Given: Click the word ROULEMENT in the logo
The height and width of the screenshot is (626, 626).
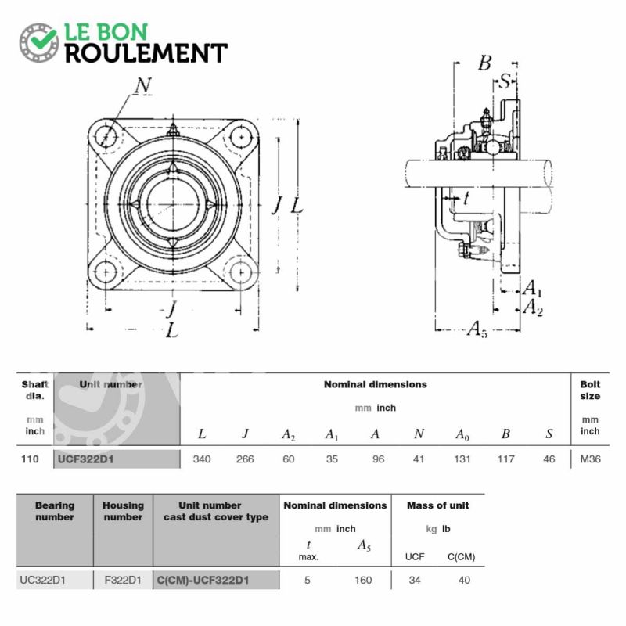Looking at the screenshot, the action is pos(146,53).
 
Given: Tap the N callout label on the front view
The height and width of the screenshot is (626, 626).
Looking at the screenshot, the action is pos(143,85).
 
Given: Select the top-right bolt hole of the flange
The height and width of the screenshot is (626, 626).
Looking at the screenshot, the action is pos(242,137).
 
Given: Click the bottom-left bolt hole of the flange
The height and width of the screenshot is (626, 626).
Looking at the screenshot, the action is pos(106,272).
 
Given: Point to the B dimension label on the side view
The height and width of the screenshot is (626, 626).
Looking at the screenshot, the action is pos(484,63).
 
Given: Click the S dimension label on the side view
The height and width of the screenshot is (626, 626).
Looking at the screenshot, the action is pos(505,81).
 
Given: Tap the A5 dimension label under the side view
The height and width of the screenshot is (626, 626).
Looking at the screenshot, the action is pos(477,329).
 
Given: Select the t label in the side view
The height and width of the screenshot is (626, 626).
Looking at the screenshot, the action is pos(466,198).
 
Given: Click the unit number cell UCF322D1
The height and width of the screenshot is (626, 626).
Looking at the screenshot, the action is pos(86,459).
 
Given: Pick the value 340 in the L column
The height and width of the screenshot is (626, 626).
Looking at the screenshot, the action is pos(202,459).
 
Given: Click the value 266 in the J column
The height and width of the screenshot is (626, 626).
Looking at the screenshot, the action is pos(245,459).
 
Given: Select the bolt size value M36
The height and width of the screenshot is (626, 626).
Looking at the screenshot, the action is pos(590,459).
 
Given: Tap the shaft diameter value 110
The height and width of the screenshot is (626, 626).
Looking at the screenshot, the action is pos(30,459).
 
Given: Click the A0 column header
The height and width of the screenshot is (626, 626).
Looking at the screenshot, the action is pos(462,434).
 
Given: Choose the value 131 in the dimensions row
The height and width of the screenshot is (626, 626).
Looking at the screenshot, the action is pos(462,459).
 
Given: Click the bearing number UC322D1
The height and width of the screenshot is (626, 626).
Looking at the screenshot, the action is pos(43,580).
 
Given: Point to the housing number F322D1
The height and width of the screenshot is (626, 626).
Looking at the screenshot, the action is pos(123,580).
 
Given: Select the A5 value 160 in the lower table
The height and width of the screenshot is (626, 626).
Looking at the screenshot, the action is pos(363,580).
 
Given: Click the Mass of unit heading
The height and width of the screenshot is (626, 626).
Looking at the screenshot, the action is pos(437,505).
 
